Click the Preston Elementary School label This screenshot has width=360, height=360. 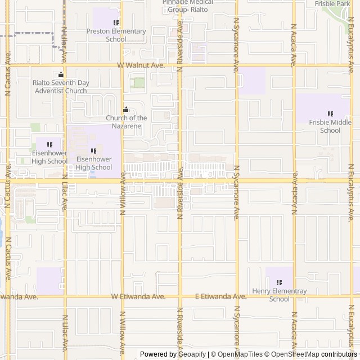coord(116,35)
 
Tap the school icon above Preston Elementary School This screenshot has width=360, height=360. coord(116,23)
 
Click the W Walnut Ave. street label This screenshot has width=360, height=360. coord(141,66)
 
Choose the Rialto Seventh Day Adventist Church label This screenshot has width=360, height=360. coord(60,86)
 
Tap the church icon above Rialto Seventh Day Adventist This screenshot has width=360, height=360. coord(61,75)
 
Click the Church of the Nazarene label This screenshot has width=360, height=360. coord(126,121)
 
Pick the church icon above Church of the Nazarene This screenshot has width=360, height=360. coord(126,110)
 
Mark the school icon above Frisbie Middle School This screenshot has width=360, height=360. coord(330,114)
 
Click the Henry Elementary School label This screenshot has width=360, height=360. coord(279,295)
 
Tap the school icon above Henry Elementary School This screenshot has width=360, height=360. coord(280,283)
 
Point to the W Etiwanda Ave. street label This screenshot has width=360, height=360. coord(138,296)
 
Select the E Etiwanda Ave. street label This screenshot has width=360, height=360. coord(220,296)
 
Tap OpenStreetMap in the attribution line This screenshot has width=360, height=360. coord(295,354)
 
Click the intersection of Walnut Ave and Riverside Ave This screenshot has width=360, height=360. coord(180,66)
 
